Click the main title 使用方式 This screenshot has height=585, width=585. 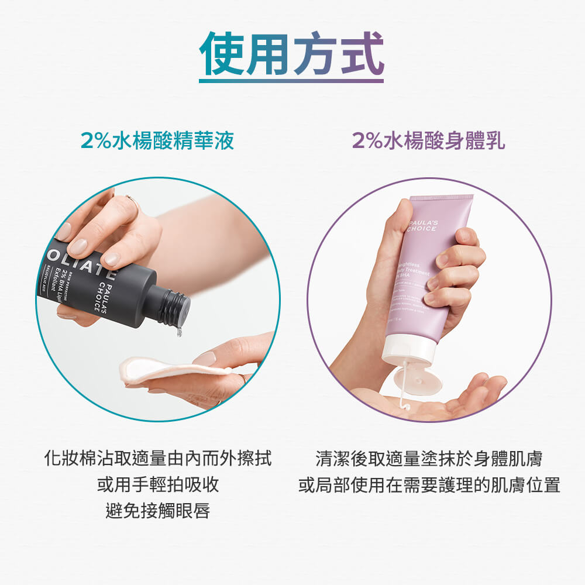tap(291, 53)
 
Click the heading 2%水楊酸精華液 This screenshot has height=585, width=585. tap(157, 141)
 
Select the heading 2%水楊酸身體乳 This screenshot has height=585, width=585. tap(429, 141)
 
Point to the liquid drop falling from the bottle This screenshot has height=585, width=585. tap(178, 332)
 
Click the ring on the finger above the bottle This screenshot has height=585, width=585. tap(133, 201)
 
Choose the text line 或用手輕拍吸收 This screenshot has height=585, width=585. tap(158, 485)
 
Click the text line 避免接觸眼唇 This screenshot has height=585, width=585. tap(158, 511)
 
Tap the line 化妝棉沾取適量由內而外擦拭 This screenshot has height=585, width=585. tap(158, 458)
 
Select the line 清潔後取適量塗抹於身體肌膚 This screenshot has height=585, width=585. tap(429, 458)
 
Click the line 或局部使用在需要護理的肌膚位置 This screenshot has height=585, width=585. tap(429, 485)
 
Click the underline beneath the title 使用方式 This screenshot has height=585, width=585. tap(291, 81)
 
